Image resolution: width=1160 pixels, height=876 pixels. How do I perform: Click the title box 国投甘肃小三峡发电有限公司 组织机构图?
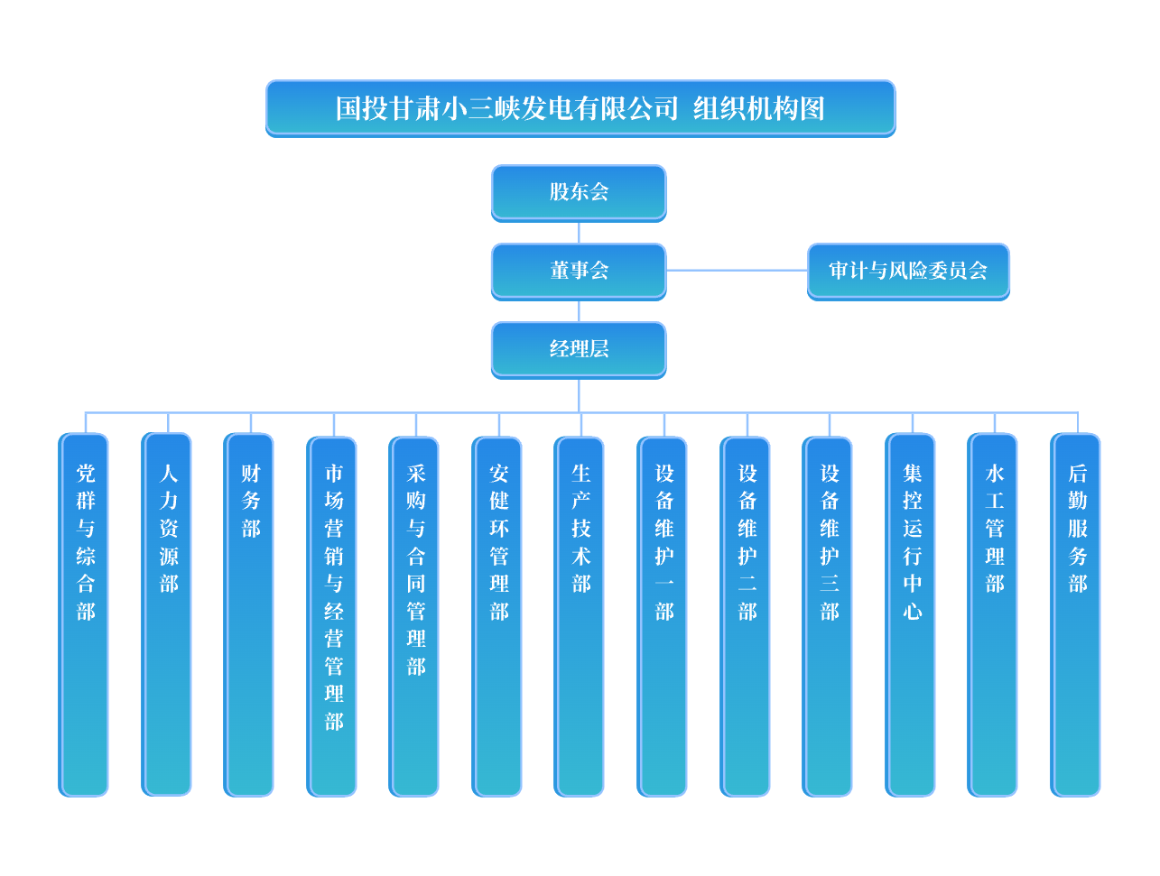click(x=580, y=108)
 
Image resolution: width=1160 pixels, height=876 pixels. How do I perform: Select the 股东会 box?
click(x=579, y=192)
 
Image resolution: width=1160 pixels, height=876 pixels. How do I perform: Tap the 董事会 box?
click(x=579, y=271)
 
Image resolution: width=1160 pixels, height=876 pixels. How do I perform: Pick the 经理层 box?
click(x=579, y=349)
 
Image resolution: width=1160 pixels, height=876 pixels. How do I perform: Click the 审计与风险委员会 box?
click(x=908, y=271)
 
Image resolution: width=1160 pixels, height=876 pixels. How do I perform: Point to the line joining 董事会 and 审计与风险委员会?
click(x=737, y=270)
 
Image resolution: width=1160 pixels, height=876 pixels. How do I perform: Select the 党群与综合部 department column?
click(x=85, y=613)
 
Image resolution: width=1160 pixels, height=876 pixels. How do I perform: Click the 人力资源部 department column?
click(x=168, y=613)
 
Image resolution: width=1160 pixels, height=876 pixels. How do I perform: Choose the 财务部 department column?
click(x=250, y=613)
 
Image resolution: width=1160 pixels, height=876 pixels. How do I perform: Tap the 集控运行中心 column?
click(x=912, y=613)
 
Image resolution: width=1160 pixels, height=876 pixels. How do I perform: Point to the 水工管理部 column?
click(x=994, y=613)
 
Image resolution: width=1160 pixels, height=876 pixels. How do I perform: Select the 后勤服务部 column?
click(x=1077, y=613)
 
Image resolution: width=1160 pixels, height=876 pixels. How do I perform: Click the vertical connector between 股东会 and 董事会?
click(x=579, y=232)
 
